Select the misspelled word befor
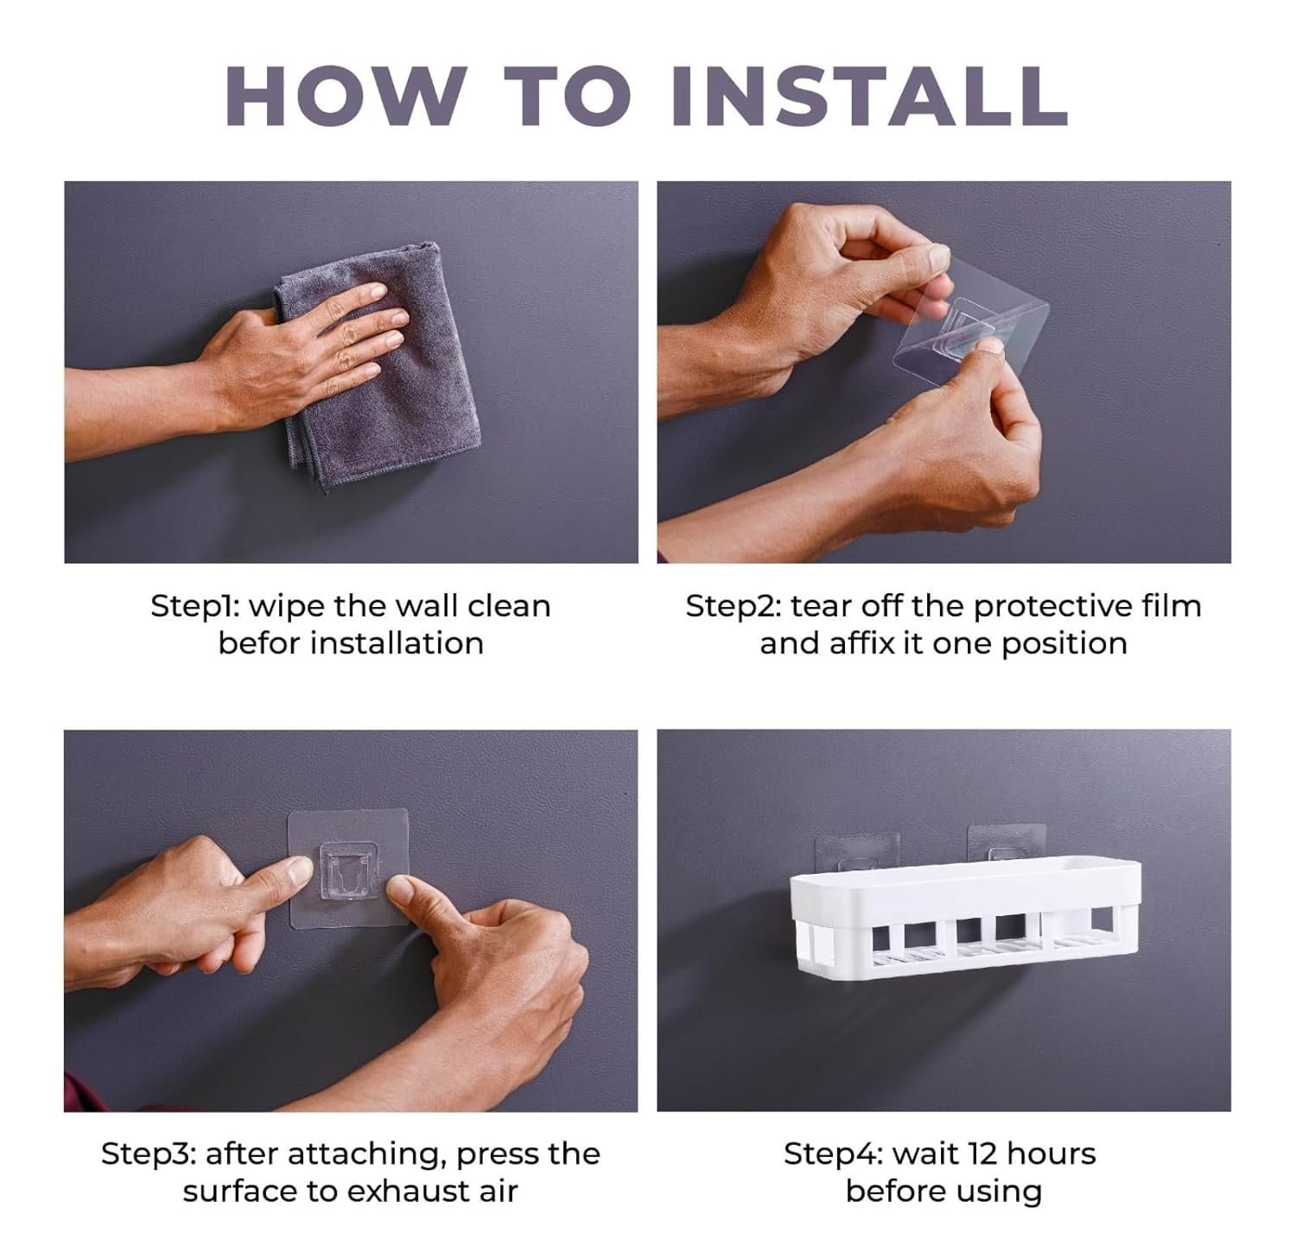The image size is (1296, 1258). [257, 643]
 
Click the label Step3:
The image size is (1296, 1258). [149, 1154]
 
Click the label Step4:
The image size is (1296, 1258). [832, 1154]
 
